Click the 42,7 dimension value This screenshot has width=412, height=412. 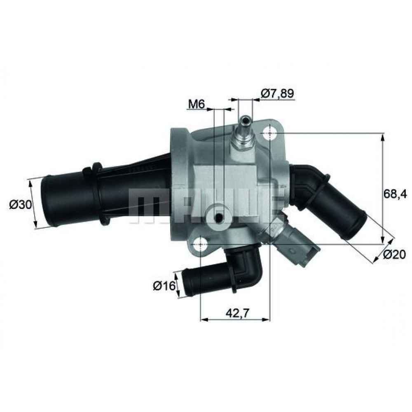(x=236, y=314)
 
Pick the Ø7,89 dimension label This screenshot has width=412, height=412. (x=277, y=94)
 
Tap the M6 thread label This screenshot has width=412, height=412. (x=197, y=105)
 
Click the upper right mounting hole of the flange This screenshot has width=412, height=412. (x=269, y=133)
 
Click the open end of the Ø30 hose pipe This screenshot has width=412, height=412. (x=47, y=202)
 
